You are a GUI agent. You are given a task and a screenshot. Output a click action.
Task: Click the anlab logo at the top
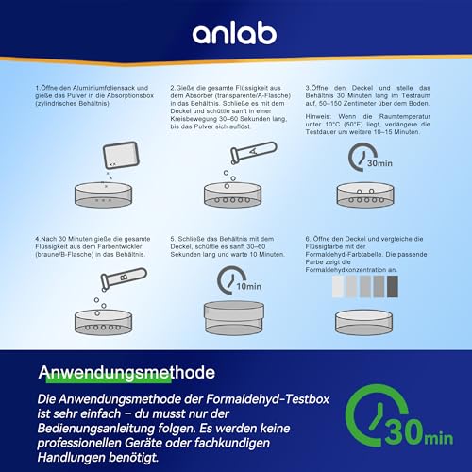coord(235,34)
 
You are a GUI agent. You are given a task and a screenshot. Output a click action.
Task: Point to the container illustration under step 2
coord(237,195)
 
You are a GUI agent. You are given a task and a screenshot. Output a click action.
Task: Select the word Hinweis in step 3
coord(318,115)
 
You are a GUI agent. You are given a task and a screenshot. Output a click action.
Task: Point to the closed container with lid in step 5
coord(237,318)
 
